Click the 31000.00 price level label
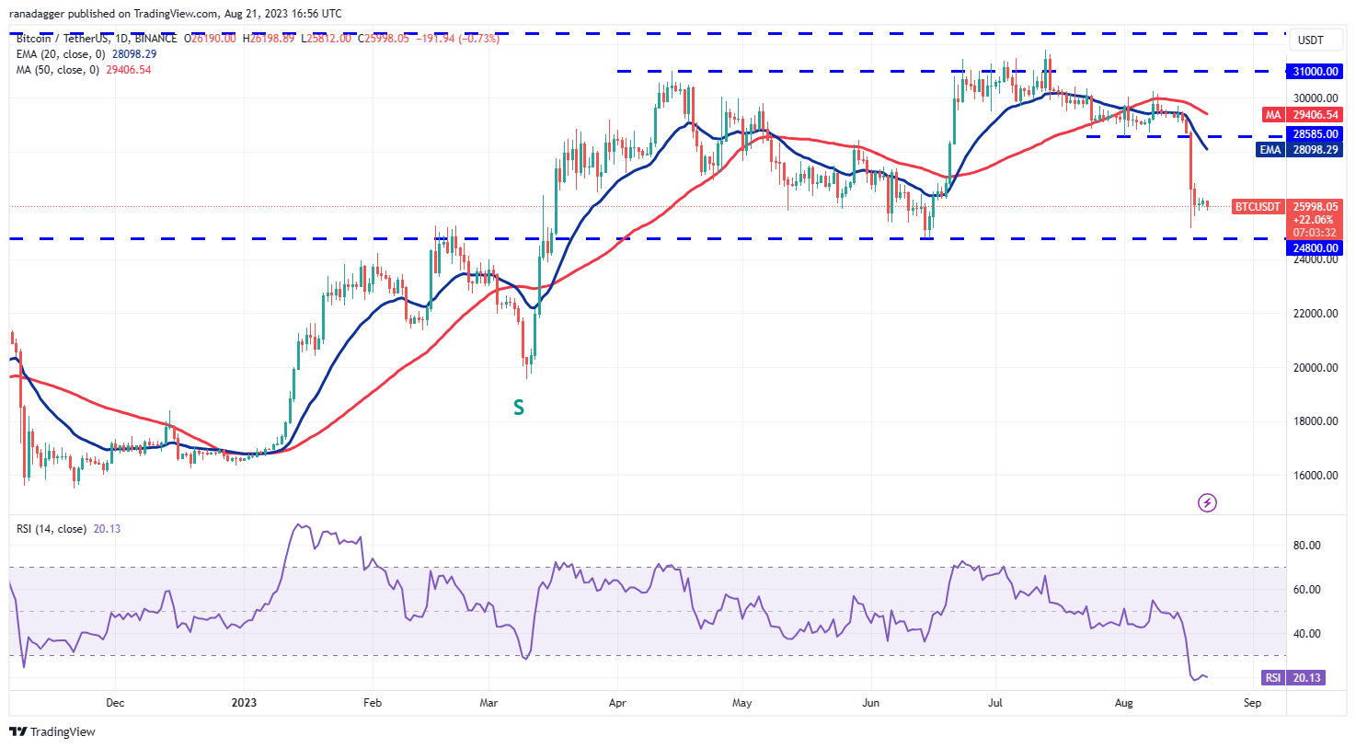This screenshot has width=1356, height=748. tap(1315, 72)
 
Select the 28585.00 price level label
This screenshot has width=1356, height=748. tap(1315, 134)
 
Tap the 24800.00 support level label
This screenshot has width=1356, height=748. tap(1315, 248)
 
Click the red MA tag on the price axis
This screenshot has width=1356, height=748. tap(1273, 115)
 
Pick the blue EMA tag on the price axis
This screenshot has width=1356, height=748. tap(1270, 150)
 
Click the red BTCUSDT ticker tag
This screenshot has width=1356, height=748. tap(1257, 207)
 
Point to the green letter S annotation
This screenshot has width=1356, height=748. tap(519, 408)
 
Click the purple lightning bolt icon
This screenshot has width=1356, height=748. tap(1207, 502)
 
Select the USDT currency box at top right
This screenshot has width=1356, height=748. tap(1310, 40)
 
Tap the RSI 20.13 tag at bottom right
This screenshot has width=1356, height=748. tap(1293, 678)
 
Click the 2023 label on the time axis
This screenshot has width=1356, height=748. tap(244, 703)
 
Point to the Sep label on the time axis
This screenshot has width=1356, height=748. tap(1252, 703)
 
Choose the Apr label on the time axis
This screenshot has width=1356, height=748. tap(617, 703)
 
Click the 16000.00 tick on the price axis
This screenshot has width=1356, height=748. tap(1315, 476)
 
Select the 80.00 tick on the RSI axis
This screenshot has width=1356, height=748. tap(1306, 546)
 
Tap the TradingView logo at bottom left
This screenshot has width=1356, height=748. tap(52, 732)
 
